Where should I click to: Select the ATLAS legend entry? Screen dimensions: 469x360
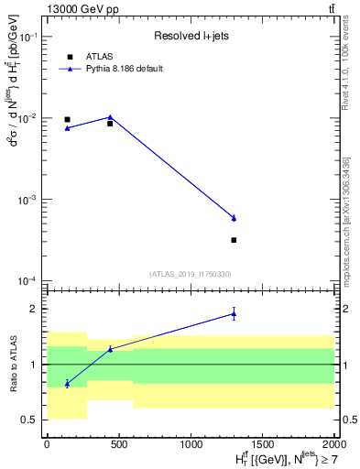(x=94, y=57)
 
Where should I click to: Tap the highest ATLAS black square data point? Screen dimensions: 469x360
(x=67, y=119)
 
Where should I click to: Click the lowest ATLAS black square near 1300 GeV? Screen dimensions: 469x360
(x=234, y=240)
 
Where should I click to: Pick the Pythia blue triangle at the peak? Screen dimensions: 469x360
(x=110, y=117)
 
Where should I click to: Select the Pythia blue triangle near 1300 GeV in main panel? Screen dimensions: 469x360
(x=234, y=218)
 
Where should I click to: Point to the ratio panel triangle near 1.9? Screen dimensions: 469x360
(x=234, y=314)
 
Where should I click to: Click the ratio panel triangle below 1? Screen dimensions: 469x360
(x=67, y=383)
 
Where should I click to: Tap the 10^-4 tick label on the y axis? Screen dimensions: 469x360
(x=29, y=280)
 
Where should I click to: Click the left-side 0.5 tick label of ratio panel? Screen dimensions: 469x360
(x=31, y=420)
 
